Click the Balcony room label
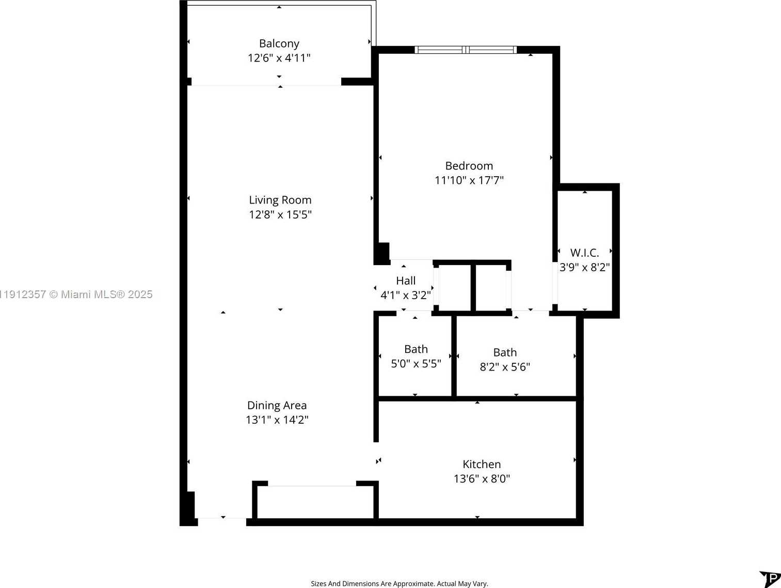tap(279, 43)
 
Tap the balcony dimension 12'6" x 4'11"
tap(279, 58)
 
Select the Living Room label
tap(280, 200)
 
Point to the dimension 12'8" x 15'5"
tap(280, 214)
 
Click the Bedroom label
tap(469, 166)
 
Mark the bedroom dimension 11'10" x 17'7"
tap(469, 180)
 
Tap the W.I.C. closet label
tap(584, 253)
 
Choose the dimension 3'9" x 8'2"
tap(584, 267)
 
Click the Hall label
tap(405, 281)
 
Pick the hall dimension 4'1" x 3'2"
tap(405, 295)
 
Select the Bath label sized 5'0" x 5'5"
tap(416, 349)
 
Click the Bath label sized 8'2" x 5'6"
tap(504, 352)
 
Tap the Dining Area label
tap(277, 406)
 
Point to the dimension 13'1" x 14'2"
tap(277, 420)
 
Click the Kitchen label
tap(481, 465)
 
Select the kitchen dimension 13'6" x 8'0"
tap(481, 479)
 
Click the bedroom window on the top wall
tap(466, 50)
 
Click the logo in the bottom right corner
tap(770, 579)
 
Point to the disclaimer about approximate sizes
tap(399, 583)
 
